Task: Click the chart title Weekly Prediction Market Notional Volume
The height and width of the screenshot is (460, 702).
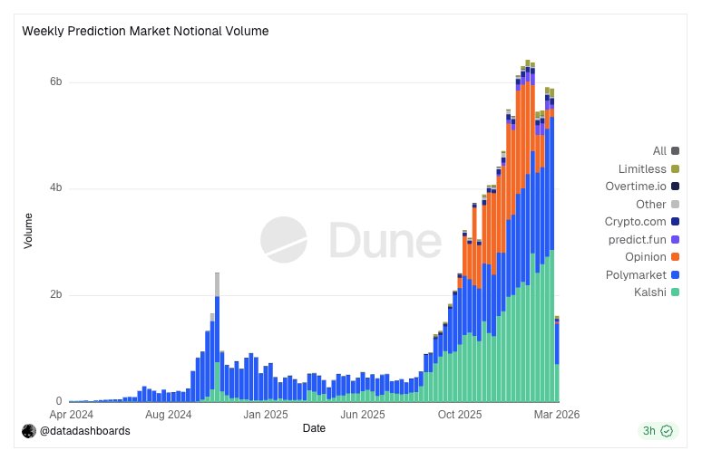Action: (145, 31)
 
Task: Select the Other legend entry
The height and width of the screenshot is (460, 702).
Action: (650, 204)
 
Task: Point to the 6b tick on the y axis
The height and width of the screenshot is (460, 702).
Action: (55, 82)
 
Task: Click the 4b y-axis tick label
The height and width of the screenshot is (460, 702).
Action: (55, 188)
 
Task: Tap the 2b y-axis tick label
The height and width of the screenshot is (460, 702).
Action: (55, 295)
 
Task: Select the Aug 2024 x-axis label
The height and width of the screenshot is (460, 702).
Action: (168, 415)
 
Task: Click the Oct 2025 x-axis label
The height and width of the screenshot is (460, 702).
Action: (460, 415)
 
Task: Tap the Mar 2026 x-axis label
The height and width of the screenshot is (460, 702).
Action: (556, 415)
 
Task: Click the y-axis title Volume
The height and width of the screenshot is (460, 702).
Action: (28, 230)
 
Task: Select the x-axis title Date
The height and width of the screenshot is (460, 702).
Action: (314, 427)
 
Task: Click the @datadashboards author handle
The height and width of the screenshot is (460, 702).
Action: (83, 431)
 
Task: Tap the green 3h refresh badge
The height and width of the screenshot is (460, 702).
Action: (657, 431)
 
